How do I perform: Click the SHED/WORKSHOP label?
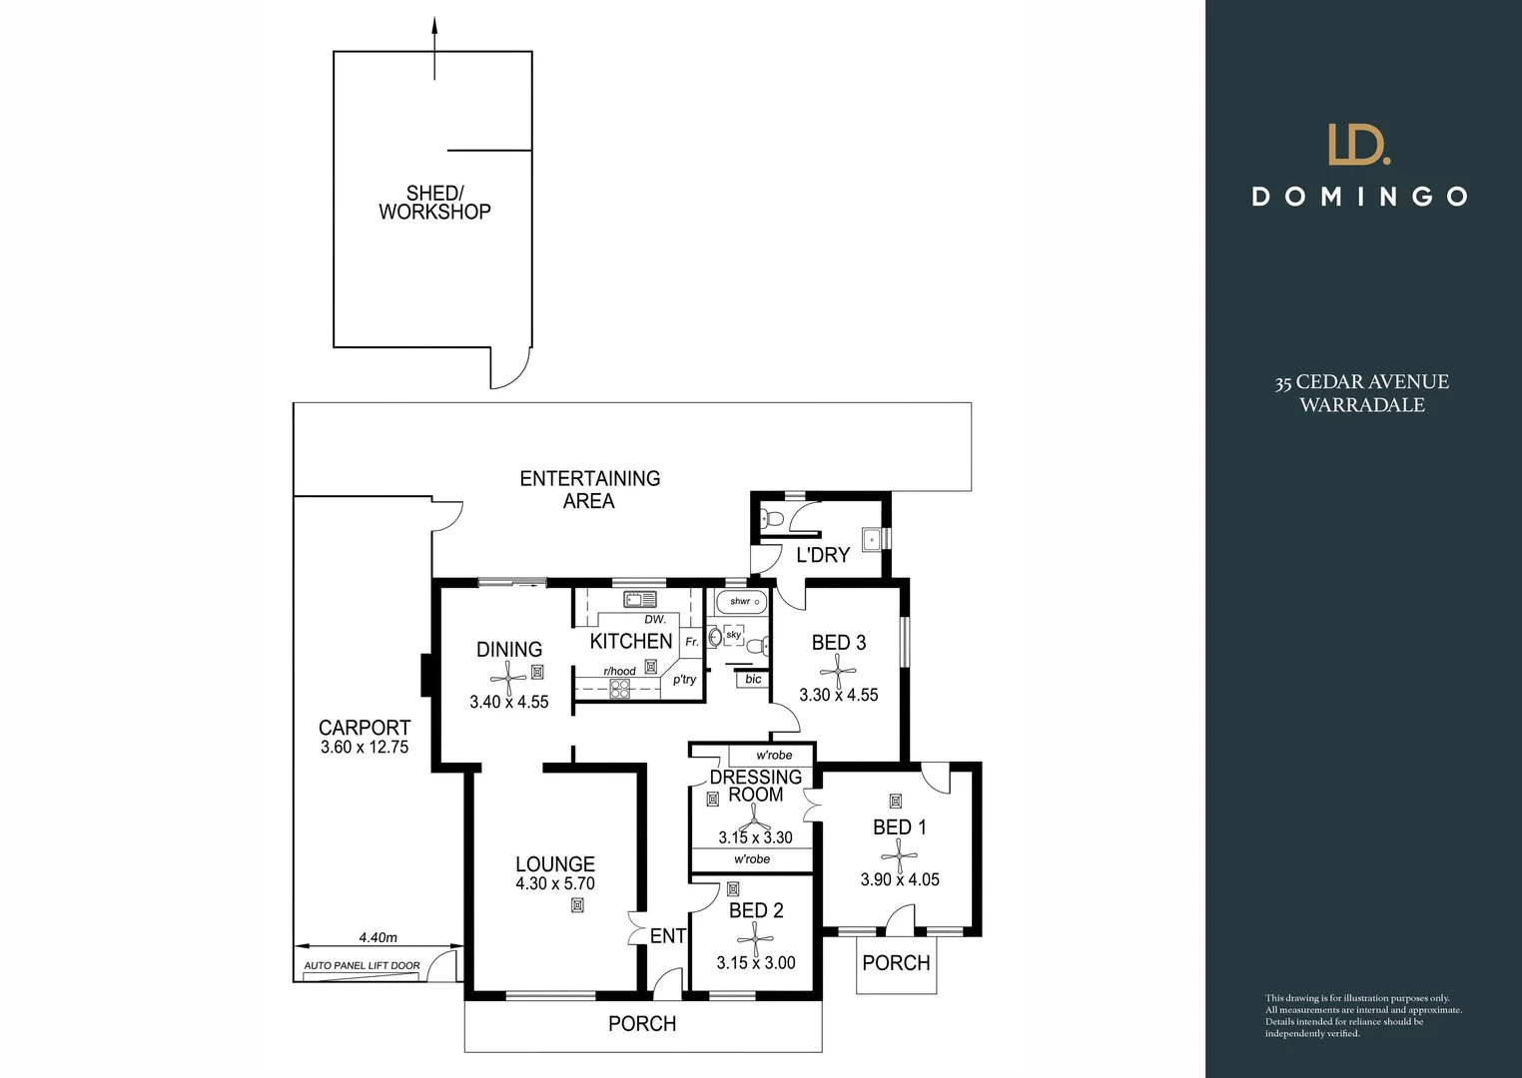[x=434, y=203]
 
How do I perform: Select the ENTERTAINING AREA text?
[x=589, y=489]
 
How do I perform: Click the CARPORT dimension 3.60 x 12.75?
[x=365, y=747]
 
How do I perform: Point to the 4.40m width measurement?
[x=378, y=937]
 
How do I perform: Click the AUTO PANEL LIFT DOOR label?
[x=362, y=965]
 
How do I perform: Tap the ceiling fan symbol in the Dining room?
[x=508, y=678]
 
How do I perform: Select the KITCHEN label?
[x=631, y=641]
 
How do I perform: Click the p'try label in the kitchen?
[x=684, y=680]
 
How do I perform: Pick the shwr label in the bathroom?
[x=740, y=601]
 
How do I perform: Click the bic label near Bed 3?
[x=753, y=679]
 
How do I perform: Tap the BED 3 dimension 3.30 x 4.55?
[x=838, y=695]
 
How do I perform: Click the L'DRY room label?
[x=823, y=555]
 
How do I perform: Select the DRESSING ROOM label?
[x=756, y=786]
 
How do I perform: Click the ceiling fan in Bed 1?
[x=899, y=855]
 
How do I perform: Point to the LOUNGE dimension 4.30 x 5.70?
[x=555, y=883]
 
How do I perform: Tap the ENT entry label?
[x=667, y=936]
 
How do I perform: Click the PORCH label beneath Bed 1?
[x=896, y=963]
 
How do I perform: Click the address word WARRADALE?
[x=1361, y=405]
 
